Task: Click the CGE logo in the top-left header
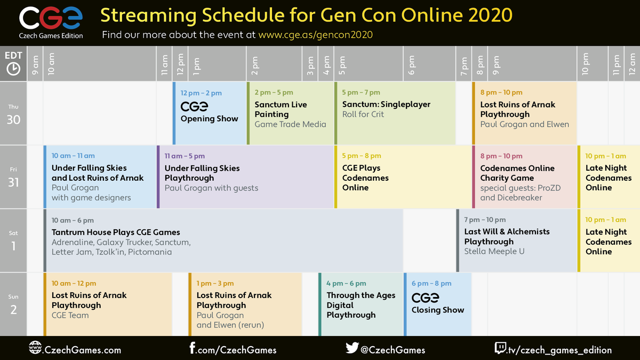pyautogui.click(x=51, y=22)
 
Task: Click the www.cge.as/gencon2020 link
pyautogui.click(x=315, y=35)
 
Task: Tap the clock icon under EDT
pyautogui.click(x=13, y=69)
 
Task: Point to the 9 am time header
pyautogui.click(x=35, y=65)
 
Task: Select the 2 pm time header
pyautogui.click(x=254, y=66)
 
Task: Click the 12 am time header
pyautogui.click(x=632, y=64)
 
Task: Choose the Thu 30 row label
pyautogui.click(x=13, y=115)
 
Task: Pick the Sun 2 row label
pyautogui.click(x=13, y=305)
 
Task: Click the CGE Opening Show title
pyautogui.click(x=209, y=111)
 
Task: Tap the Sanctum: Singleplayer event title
pyautogui.click(x=386, y=105)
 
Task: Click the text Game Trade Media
pyautogui.click(x=290, y=124)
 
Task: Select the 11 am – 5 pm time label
pyautogui.click(x=185, y=156)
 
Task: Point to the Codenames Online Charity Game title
pyautogui.click(x=517, y=173)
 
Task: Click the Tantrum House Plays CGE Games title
pyautogui.click(x=116, y=232)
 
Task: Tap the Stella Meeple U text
pyautogui.click(x=494, y=251)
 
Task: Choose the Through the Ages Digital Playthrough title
pyautogui.click(x=361, y=305)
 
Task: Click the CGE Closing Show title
pyautogui.click(x=438, y=303)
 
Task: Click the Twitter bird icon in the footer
pyautogui.click(x=352, y=348)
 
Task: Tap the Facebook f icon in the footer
pyautogui.click(x=193, y=348)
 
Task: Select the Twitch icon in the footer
pyautogui.click(x=501, y=348)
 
